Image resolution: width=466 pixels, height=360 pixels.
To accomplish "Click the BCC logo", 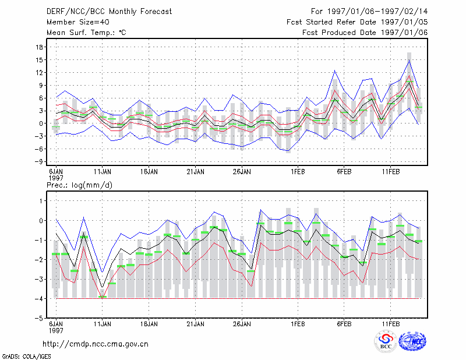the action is pos(386,342).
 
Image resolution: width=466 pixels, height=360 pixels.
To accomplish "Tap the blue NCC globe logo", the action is pos(412,341).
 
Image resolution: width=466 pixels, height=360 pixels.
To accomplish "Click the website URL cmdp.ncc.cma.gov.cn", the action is pos(96,344).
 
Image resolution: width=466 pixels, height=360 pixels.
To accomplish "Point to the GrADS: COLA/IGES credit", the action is pos(26,357).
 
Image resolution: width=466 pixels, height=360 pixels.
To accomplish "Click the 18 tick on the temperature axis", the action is pos(40,47).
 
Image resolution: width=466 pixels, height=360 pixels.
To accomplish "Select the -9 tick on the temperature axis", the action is pos(39,162).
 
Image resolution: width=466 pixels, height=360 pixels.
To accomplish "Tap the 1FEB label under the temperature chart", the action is pos(298,172).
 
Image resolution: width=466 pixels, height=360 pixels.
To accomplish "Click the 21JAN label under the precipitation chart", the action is pos(196,324).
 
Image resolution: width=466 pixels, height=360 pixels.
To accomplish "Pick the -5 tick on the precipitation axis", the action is pos(39,318).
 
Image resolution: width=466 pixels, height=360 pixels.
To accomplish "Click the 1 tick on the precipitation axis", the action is pos(41,201).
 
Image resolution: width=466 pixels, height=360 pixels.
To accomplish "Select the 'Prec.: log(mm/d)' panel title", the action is pos(80,185).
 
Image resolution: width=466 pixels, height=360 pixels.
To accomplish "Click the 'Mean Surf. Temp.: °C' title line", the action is pos(86,33).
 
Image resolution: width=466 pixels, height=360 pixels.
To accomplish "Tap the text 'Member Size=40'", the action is pos(78,22).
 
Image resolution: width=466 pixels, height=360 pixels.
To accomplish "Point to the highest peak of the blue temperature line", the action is pos(409,60).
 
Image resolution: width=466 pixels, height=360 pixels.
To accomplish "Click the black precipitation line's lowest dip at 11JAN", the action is pos(103,288).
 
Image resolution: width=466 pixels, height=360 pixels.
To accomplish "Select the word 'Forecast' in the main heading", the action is pos(156,12).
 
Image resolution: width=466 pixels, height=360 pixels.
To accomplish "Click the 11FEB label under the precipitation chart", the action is pos(391,324).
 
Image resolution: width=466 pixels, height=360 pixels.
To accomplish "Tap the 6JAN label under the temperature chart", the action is pos(56,172).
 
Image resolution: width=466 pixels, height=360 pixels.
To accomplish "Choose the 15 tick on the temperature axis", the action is pos(40,60).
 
